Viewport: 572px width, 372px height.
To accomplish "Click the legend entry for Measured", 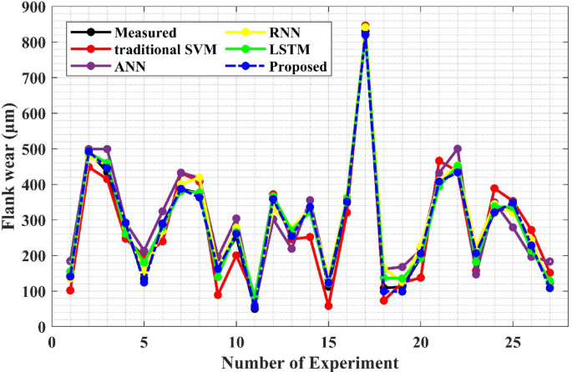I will [146, 33].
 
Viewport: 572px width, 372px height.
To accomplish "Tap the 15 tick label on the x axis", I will [328, 343].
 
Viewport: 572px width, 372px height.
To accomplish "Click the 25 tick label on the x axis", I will [512, 343].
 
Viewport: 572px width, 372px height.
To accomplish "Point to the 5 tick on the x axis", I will [144, 343].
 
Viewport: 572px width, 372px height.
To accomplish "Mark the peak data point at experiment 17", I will [365, 27].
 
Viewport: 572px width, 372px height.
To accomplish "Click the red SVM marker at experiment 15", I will [328, 306].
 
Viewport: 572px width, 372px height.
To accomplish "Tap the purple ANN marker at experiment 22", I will [457, 149].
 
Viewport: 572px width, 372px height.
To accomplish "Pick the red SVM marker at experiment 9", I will [218, 294].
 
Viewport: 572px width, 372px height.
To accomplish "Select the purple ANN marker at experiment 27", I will [549, 262].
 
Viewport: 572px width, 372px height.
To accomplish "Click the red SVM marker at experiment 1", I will [70, 290].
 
